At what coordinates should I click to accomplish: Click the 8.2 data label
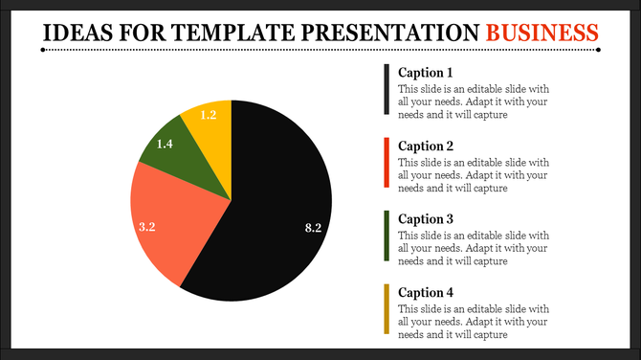coord(312,228)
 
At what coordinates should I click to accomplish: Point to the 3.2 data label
coord(147,227)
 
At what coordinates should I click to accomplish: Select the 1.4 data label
coord(164,144)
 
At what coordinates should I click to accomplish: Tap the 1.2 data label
coord(208,116)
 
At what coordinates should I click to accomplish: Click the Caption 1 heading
coord(425,73)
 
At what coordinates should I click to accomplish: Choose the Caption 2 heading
coord(425,146)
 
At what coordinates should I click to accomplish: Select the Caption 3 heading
coord(425,218)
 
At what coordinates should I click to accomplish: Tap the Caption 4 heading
coord(425,292)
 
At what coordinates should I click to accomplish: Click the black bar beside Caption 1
coord(387,90)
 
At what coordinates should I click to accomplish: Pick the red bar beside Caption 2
coord(387,163)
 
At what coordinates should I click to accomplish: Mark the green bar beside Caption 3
coord(387,236)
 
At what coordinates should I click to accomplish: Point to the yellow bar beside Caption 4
coord(387,308)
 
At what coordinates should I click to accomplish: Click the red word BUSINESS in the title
coord(542,33)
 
